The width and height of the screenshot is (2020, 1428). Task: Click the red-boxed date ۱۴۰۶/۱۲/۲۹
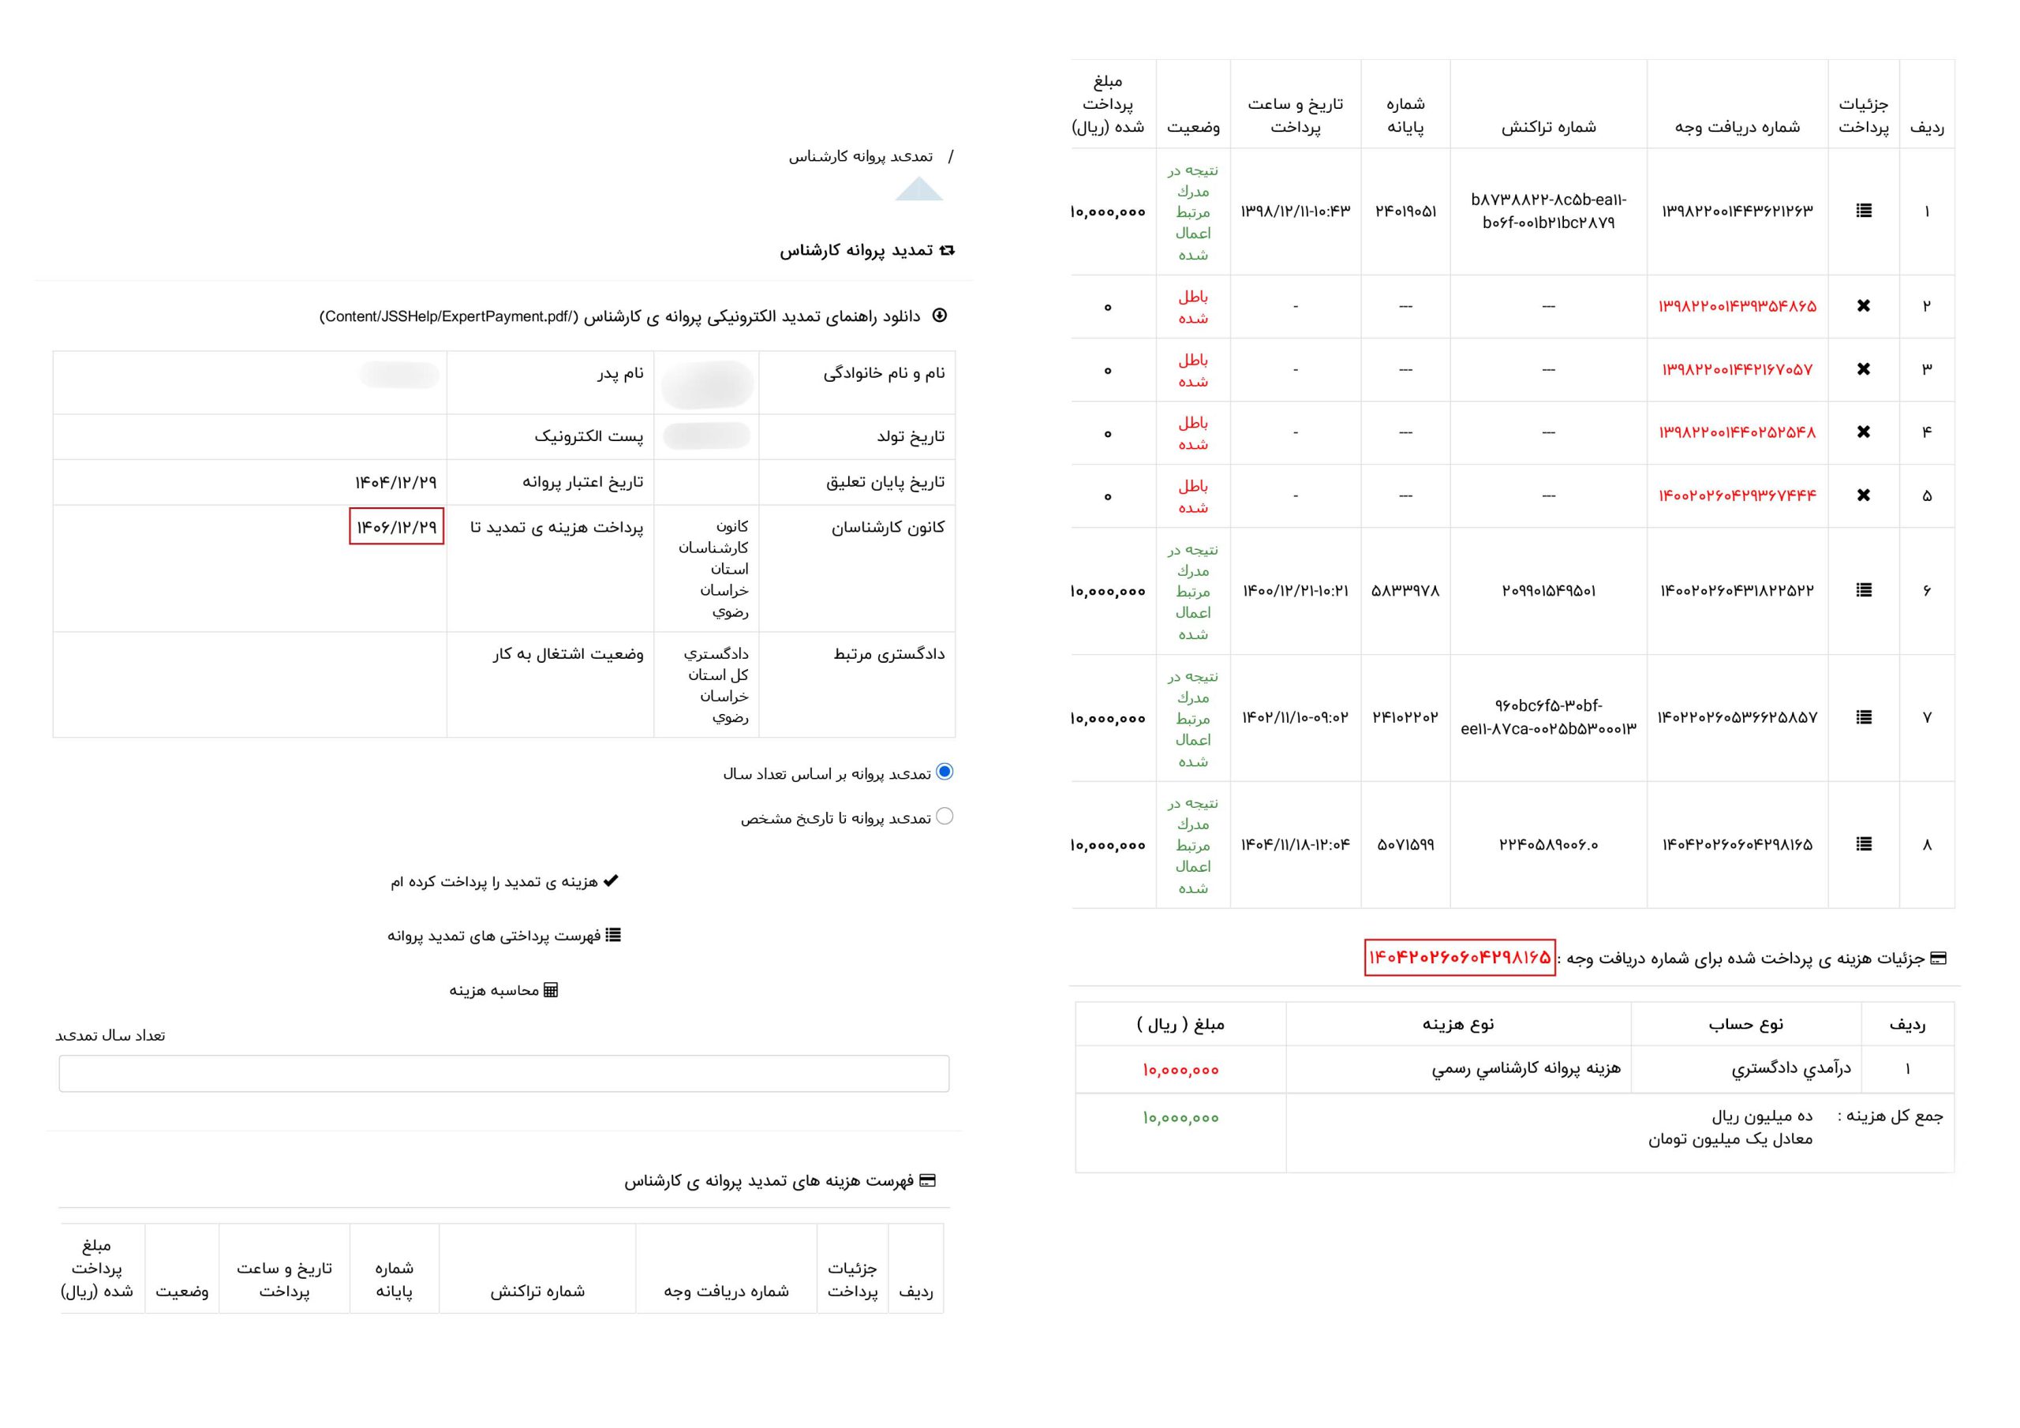pos(396,527)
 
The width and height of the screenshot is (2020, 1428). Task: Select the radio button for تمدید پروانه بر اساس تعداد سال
pos(945,772)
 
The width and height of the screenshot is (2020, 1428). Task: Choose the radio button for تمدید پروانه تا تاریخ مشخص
pos(945,817)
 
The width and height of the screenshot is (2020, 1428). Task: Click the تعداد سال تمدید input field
pos(504,1074)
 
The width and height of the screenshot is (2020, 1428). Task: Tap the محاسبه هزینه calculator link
pos(504,991)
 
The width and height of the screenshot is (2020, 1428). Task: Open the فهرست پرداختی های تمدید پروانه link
pos(504,935)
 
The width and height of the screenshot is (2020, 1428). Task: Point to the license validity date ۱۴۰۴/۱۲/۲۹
pos(396,482)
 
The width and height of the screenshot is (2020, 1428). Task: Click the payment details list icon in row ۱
pos(1864,211)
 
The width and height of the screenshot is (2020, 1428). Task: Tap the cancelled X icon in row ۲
pos(1864,306)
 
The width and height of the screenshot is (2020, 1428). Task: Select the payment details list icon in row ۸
pos(1864,845)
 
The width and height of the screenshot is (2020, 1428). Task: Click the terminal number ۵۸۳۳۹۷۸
pos(1405,591)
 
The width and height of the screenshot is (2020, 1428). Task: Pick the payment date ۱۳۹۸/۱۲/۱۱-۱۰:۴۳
pos(1295,211)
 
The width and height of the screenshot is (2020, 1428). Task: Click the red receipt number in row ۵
pos(1738,496)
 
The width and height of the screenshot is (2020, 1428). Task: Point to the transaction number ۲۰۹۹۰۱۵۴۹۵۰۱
pos(1548,591)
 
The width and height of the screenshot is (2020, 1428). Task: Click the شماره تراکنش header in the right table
pos(1548,127)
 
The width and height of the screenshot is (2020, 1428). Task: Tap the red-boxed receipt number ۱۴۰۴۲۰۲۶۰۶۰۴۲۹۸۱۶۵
pos(1460,957)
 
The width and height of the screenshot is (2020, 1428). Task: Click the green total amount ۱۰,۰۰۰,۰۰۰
pos(1180,1118)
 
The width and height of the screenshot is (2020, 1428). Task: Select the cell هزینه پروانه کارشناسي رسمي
pos(1525,1069)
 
